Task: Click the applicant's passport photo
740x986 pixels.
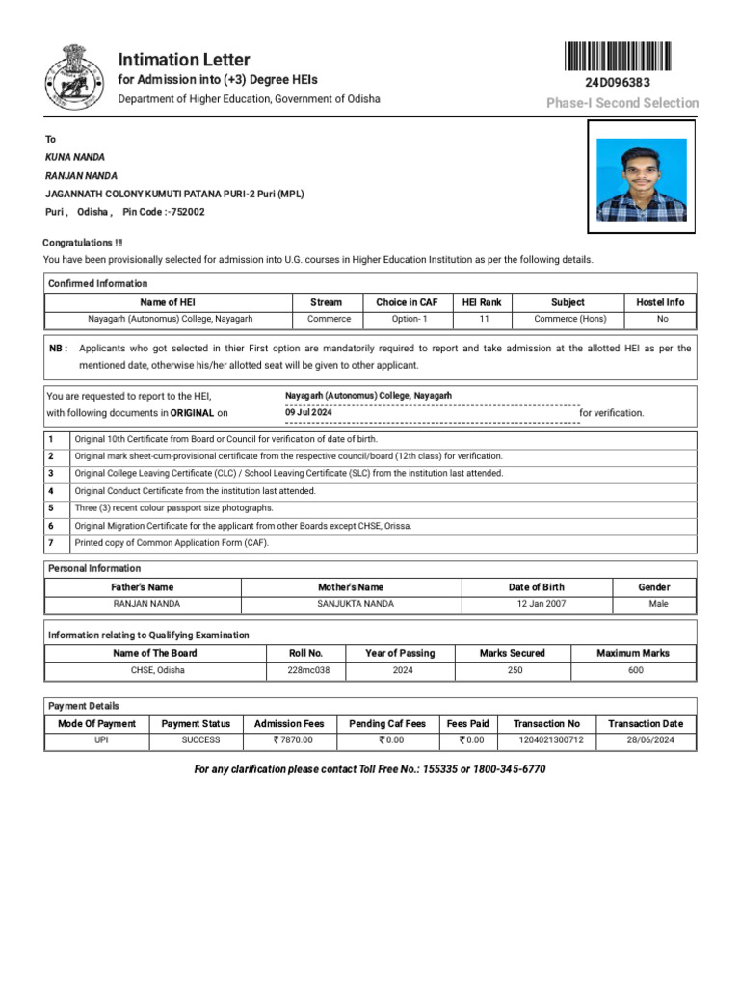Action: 641,180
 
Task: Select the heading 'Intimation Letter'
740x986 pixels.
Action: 183,60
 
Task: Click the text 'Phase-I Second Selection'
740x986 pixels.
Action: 622,103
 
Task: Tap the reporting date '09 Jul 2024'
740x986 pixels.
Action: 308,412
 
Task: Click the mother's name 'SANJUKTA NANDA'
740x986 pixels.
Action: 356,604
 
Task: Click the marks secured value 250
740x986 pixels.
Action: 515,670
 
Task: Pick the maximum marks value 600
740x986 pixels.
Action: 636,670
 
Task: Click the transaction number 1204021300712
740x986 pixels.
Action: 545,740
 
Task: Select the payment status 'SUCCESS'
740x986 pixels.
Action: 200,740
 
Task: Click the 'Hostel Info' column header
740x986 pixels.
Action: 660,302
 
